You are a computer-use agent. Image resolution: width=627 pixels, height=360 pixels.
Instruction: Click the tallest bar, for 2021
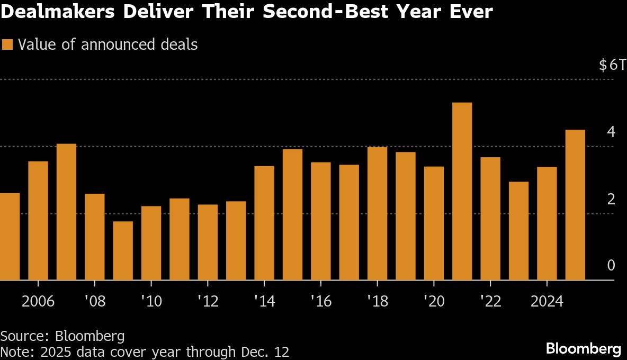tap(462, 191)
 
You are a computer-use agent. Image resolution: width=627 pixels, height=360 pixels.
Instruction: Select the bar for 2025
tap(575, 205)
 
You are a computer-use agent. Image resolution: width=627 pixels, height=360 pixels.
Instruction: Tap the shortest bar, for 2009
tap(123, 250)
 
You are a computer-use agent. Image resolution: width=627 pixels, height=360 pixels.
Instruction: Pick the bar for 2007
tap(66, 212)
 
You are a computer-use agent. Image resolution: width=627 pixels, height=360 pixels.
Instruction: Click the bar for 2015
tap(292, 214)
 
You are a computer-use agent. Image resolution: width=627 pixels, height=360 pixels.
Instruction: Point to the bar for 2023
tap(518, 231)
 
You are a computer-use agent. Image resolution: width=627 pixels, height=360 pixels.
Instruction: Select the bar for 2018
tap(377, 213)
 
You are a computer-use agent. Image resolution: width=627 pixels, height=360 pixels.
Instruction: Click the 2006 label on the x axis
tap(38, 302)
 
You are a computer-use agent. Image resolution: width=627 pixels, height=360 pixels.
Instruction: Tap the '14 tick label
tap(264, 302)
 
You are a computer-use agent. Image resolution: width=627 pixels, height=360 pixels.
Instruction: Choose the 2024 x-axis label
tap(547, 302)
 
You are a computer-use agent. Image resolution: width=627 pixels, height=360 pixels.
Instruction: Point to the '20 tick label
tap(433, 302)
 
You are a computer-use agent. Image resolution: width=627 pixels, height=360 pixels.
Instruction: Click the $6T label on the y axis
tap(612, 65)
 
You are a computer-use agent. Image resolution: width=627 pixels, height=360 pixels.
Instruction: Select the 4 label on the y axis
tap(611, 132)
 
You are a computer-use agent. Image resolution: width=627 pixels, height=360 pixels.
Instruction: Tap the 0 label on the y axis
tap(611, 265)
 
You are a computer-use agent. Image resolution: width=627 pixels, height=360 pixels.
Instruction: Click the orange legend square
tap(7, 44)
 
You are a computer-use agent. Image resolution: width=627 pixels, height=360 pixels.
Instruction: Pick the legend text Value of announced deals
tap(108, 44)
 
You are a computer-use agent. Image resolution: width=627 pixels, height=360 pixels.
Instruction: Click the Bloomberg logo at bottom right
tap(584, 349)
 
